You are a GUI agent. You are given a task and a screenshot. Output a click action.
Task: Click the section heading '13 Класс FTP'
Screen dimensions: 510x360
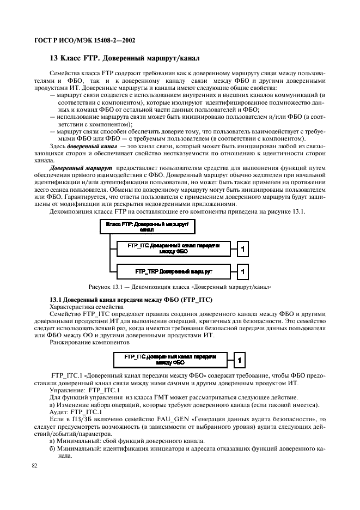(x=125, y=57)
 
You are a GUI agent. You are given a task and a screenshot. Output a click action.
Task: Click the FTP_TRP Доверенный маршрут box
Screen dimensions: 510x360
(x=173, y=270)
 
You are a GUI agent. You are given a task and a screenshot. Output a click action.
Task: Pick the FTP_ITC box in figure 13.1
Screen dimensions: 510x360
(x=173, y=249)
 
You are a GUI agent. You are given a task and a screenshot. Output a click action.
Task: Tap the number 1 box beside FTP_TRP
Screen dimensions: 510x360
(x=244, y=270)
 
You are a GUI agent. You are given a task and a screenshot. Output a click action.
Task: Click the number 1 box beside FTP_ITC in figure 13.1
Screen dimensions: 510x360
(x=244, y=249)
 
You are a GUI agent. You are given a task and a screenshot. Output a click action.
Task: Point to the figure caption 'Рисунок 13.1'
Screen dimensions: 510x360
(x=179, y=287)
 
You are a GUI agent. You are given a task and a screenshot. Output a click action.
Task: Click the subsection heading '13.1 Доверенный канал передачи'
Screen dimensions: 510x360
(x=131, y=300)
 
